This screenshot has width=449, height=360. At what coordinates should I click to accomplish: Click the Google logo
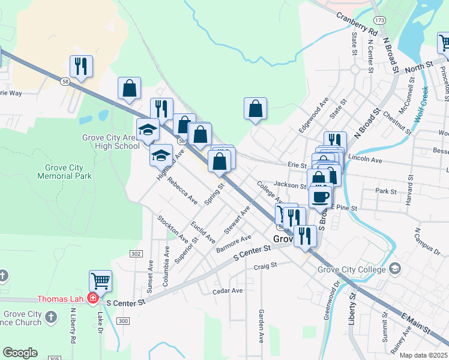point(20,353)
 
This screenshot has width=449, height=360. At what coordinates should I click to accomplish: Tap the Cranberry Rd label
point(356,23)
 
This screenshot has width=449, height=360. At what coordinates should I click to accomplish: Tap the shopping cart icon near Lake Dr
point(100,281)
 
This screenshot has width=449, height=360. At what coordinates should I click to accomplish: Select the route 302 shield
point(136,254)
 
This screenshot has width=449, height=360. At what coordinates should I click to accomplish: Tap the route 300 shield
point(123,322)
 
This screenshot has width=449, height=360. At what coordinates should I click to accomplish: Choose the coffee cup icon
point(321,197)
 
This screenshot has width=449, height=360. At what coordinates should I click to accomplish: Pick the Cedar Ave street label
point(228,291)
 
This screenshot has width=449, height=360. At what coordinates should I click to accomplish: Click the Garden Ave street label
point(261,326)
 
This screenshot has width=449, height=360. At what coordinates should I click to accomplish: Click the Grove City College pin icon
point(394,268)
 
